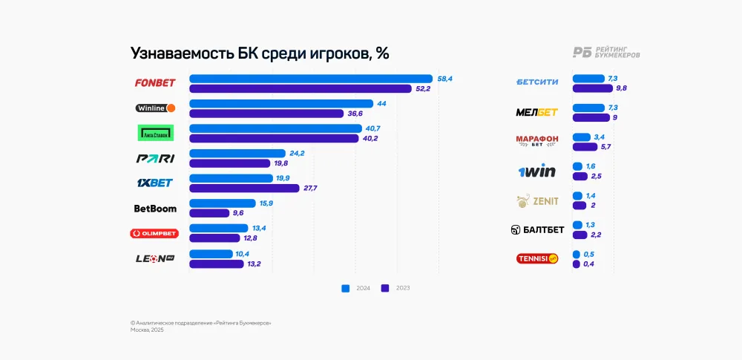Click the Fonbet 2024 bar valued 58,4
[x=310, y=79]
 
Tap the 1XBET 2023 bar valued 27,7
[x=244, y=189]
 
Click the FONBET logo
[x=154, y=83]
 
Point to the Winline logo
[x=155, y=108]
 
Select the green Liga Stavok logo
[x=155, y=133]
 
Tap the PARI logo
[x=155, y=159]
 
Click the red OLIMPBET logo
[x=154, y=233]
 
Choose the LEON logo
[x=154, y=258]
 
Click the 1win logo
[x=536, y=171]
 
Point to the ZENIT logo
[x=536, y=200]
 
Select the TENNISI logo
[x=536, y=259]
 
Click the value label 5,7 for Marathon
[x=605, y=147]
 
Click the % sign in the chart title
[x=382, y=53]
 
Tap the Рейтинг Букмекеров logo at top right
[x=606, y=52]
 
